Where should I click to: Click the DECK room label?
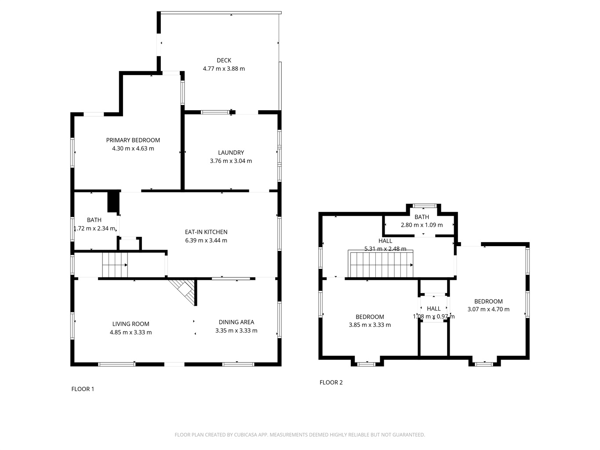tap(224, 60)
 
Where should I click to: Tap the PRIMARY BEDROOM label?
tap(133, 140)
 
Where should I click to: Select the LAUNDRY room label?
tap(231, 153)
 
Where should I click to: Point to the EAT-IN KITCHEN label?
tap(206, 232)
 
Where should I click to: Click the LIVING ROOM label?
tap(131, 324)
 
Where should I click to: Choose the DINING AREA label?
tap(236, 322)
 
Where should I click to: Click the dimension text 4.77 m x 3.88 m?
tap(224, 69)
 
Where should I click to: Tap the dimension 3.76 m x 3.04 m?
tap(231, 161)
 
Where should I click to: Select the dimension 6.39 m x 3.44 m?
tap(206, 240)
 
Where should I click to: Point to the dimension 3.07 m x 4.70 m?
tap(488, 309)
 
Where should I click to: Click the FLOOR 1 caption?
tap(83, 389)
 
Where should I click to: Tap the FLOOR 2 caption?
tap(331, 382)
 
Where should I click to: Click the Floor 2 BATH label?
tap(422, 217)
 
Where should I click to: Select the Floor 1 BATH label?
tap(94, 220)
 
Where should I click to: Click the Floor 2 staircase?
tap(380, 264)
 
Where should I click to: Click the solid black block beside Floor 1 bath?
tap(113, 201)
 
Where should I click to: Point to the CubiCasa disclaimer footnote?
tap(300, 435)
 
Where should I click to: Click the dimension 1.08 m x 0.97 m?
tap(433, 316)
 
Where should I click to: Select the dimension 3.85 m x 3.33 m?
tap(370, 325)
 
